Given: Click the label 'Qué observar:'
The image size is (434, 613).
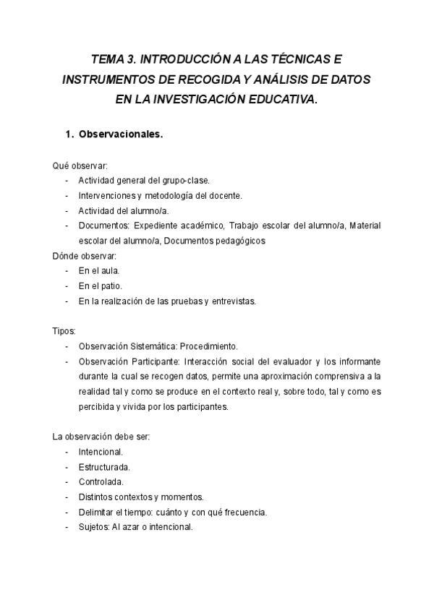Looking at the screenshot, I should click(x=80, y=166).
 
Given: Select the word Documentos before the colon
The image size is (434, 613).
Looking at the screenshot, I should click(x=104, y=226).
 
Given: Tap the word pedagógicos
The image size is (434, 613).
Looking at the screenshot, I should click(x=234, y=241).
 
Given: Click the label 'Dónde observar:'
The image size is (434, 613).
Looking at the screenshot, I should click(x=84, y=256).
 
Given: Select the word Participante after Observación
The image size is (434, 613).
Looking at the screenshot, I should click(x=156, y=361).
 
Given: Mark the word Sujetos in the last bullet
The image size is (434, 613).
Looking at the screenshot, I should click(x=93, y=527).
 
